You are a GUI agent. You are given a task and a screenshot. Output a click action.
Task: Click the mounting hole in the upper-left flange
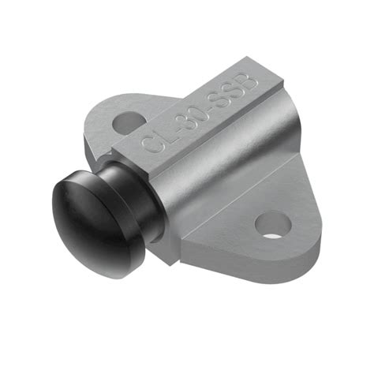[129, 123]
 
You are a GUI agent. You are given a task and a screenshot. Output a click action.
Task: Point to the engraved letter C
[148, 144]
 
